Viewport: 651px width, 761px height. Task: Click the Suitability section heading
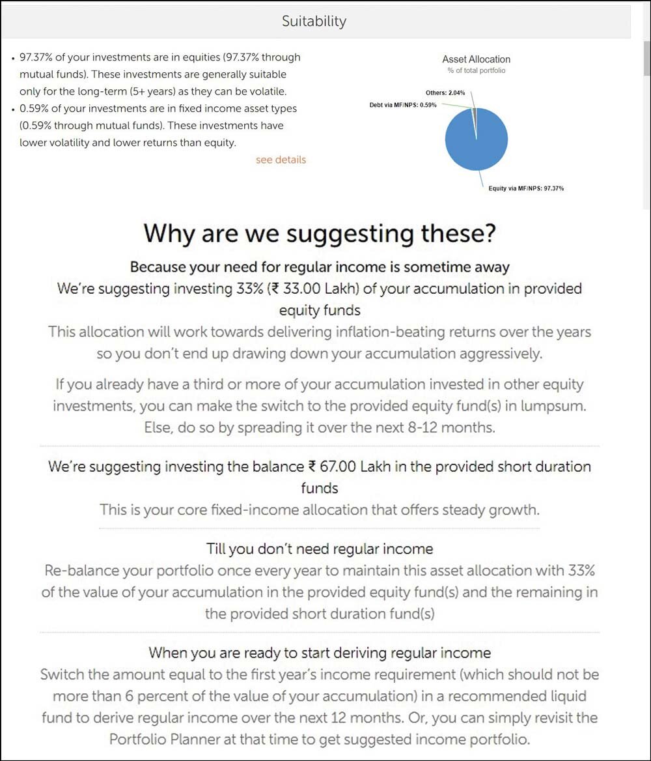(x=314, y=21)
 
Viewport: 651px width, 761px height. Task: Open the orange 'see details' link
(x=281, y=160)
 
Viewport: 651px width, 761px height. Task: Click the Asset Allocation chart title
(x=476, y=59)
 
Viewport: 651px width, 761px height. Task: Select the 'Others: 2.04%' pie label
(x=445, y=93)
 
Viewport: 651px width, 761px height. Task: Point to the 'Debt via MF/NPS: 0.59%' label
(x=403, y=104)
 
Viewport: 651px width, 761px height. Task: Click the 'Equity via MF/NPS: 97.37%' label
(x=526, y=188)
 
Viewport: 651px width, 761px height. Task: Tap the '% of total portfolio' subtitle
(x=476, y=70)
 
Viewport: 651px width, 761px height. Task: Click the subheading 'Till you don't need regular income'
(x=320, y=549)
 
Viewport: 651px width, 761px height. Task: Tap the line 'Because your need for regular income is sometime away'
(x=320, y=267)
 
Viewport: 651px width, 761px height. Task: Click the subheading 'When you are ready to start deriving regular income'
(x=320, y=652)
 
